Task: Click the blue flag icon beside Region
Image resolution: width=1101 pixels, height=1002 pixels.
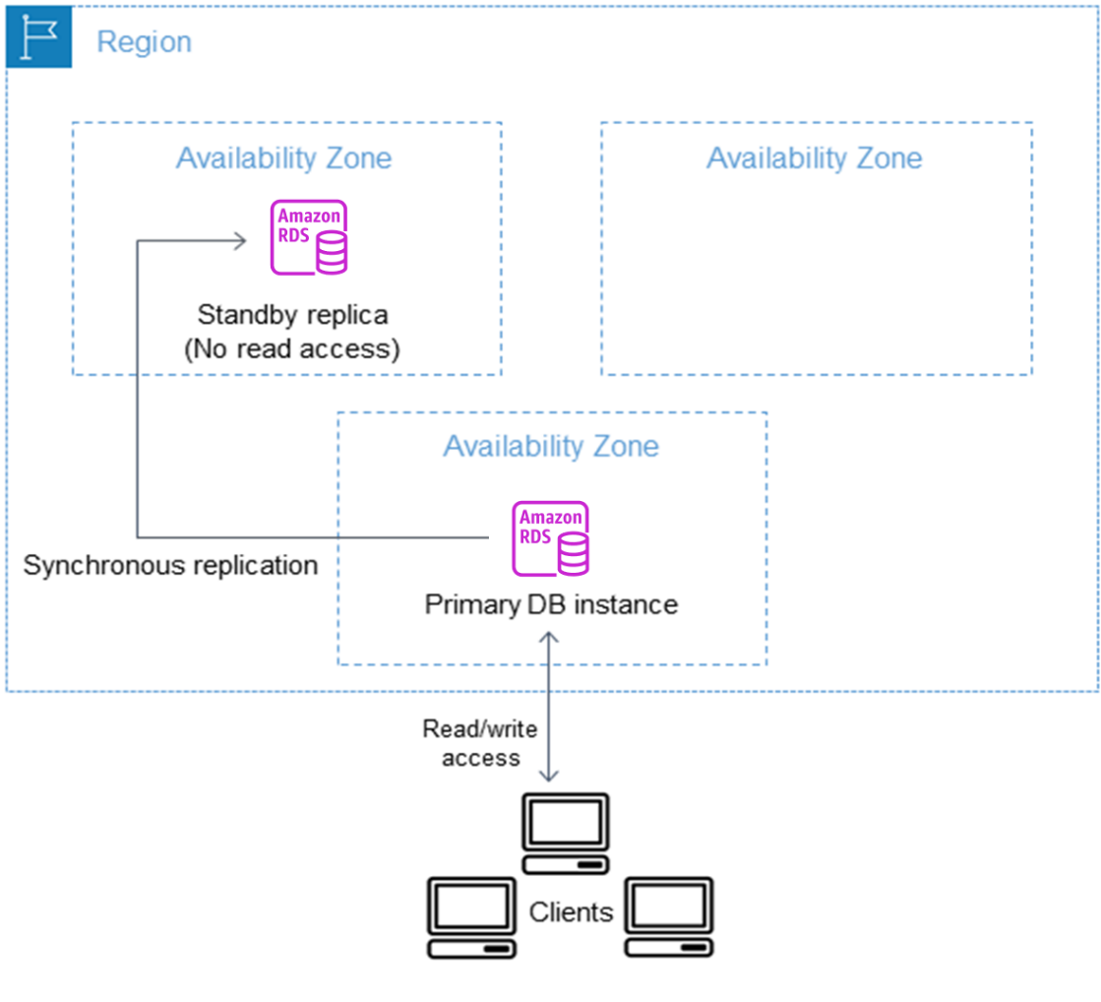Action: pyautogui.click(x=38, y=37)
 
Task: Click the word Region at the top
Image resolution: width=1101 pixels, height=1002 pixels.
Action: pyautogui.click(x=144, y=42)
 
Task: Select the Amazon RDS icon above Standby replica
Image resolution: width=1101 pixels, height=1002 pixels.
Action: pyautogui.click(x=309, y=236)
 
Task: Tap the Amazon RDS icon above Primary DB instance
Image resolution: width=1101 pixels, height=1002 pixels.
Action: pyautogui.click(x=551, y=537)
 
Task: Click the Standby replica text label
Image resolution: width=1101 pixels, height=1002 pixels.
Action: pyautogui.click(x=292, y=315)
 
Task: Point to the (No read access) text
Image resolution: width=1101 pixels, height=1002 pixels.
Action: pyautogui.click(x=292, y=349)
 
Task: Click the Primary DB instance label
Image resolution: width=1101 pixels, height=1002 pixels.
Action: pyautogui.click(x=551, y=603)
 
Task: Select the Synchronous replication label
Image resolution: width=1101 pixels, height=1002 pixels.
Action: pyautogui.click(x=170, y=565)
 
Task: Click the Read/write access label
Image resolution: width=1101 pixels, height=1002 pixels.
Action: pyautogui.click(x=480, y=743)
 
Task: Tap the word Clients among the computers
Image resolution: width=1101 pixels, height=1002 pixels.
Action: pyautogui.click(x=571, y=911)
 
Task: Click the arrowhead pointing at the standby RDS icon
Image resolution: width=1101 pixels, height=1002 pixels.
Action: pyautogui.click(x=239, y=240)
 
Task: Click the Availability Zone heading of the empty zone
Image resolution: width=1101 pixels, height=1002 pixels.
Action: pyautogui.click(x=815, y=158)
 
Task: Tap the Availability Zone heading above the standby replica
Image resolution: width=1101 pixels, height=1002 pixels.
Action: pyautogui.click(x=283, y=158)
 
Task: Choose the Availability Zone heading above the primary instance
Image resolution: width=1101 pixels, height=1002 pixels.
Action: pyautogui.click(x=551, y=446)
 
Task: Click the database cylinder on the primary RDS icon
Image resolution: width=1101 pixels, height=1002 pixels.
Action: pyautogui.click(x=573, y=555)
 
